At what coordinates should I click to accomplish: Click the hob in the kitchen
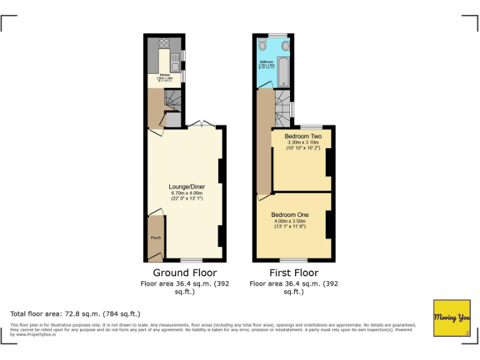165,43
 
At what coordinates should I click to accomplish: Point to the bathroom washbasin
286,45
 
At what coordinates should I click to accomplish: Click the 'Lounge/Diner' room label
187,187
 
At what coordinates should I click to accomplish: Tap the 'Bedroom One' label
290,215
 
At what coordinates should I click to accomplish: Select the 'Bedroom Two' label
303,136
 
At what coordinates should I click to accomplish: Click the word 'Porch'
155,238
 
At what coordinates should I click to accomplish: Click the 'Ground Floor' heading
185,273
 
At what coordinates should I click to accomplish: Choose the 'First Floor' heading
294,273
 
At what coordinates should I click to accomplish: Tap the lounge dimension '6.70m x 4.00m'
187,194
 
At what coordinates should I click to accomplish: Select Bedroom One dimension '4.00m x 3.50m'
290,221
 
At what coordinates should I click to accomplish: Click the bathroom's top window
277,35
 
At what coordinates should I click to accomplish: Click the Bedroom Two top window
311,127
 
